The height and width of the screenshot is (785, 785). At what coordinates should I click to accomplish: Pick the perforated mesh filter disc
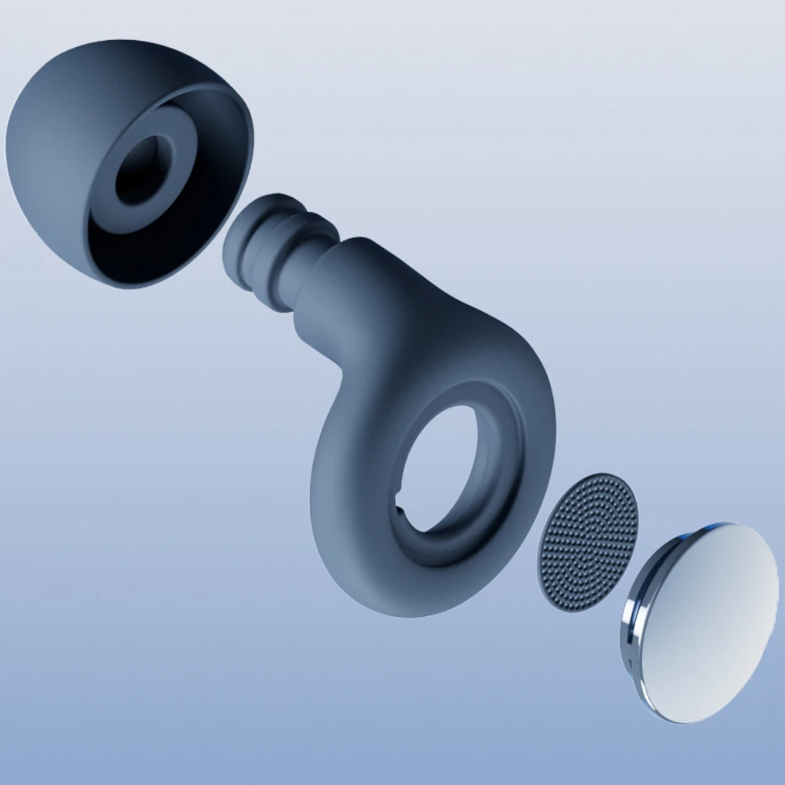(x=587, y=542)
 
